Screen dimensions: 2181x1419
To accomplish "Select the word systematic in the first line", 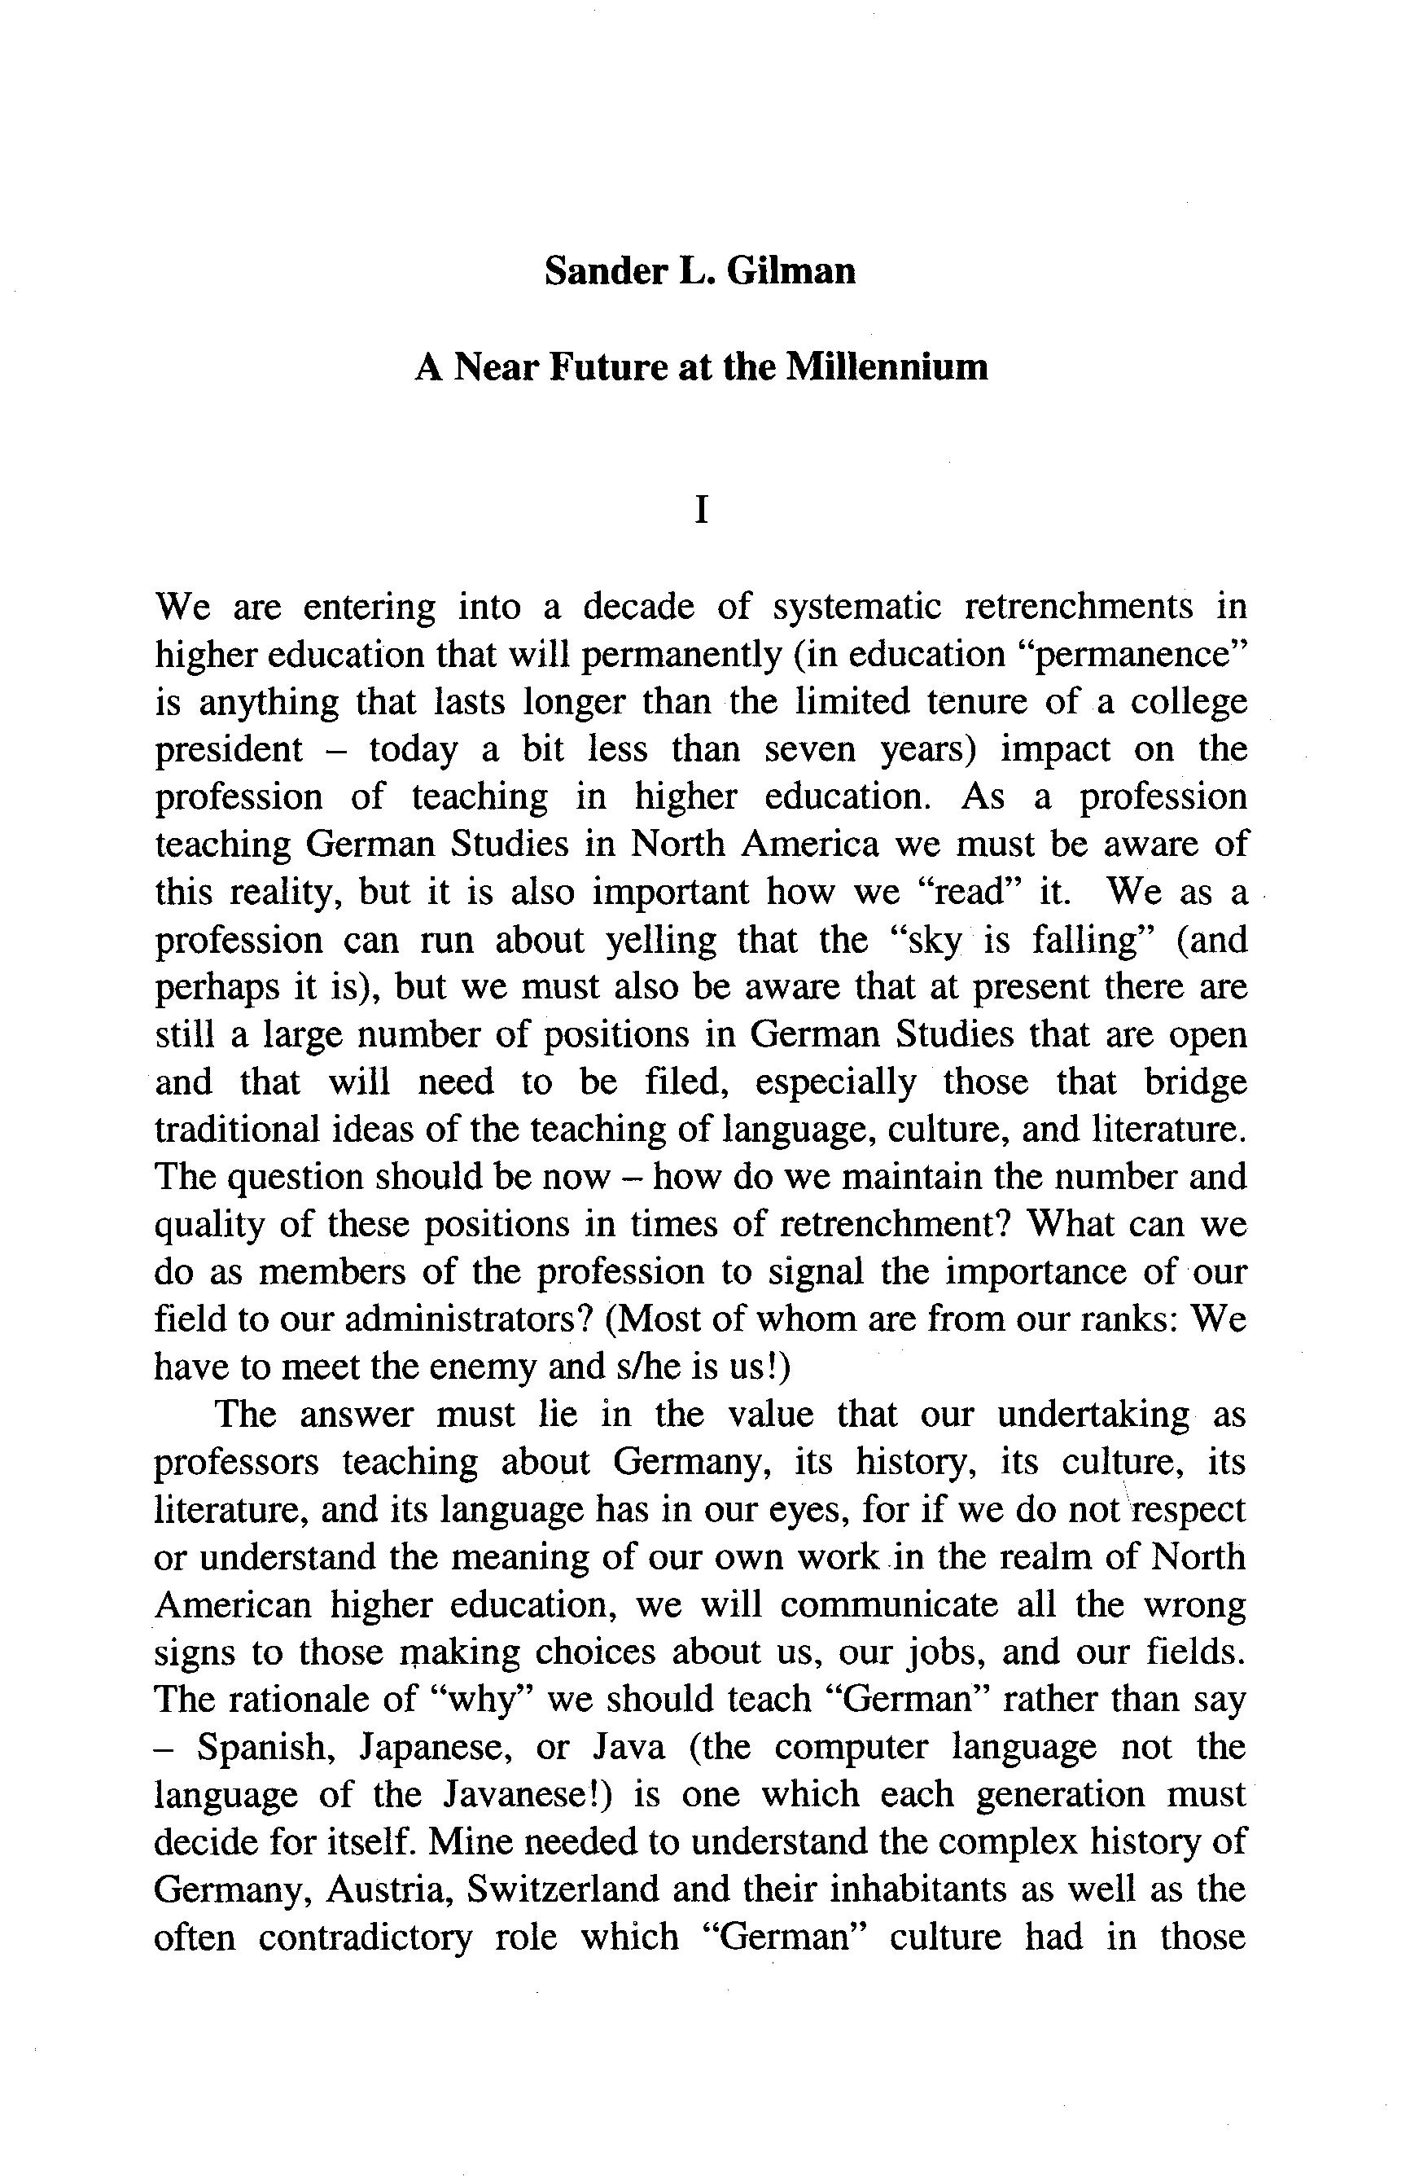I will click(x=856, y=607).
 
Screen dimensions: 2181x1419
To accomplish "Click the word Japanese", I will click(x=434, y=1748).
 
